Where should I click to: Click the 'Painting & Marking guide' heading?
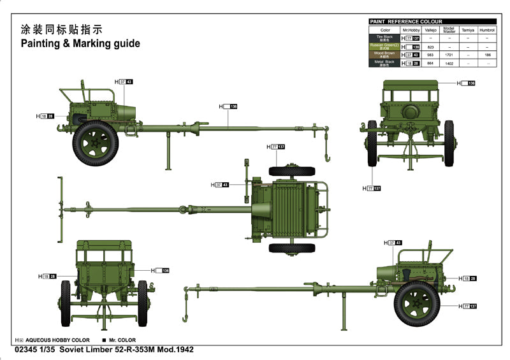click(x=80, y=44)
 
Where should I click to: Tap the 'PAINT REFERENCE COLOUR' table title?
click(x=405, y=22)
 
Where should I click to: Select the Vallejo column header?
click(x=430, y=30)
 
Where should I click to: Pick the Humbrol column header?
click(x=487, y=30)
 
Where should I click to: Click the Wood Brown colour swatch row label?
click(x=385, y=55)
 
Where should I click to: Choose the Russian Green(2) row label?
click(x=385, y=47)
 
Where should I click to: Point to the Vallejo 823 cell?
click(x=430, y=47)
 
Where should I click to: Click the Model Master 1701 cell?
click(x=449, y=55)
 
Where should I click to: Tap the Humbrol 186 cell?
click(x=487, y=55)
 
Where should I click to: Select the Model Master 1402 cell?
click(x=449, y=63)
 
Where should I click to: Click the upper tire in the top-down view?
click(x=291, y=171)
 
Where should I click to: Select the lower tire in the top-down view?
click(x=291, y=248)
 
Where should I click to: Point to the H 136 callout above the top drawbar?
click(x=228, y=106)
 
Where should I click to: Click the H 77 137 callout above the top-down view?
click(x=275, y=147)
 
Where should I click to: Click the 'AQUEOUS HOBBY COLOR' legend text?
click(x=58, y=340)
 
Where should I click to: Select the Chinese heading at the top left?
click(x=61, y=29)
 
